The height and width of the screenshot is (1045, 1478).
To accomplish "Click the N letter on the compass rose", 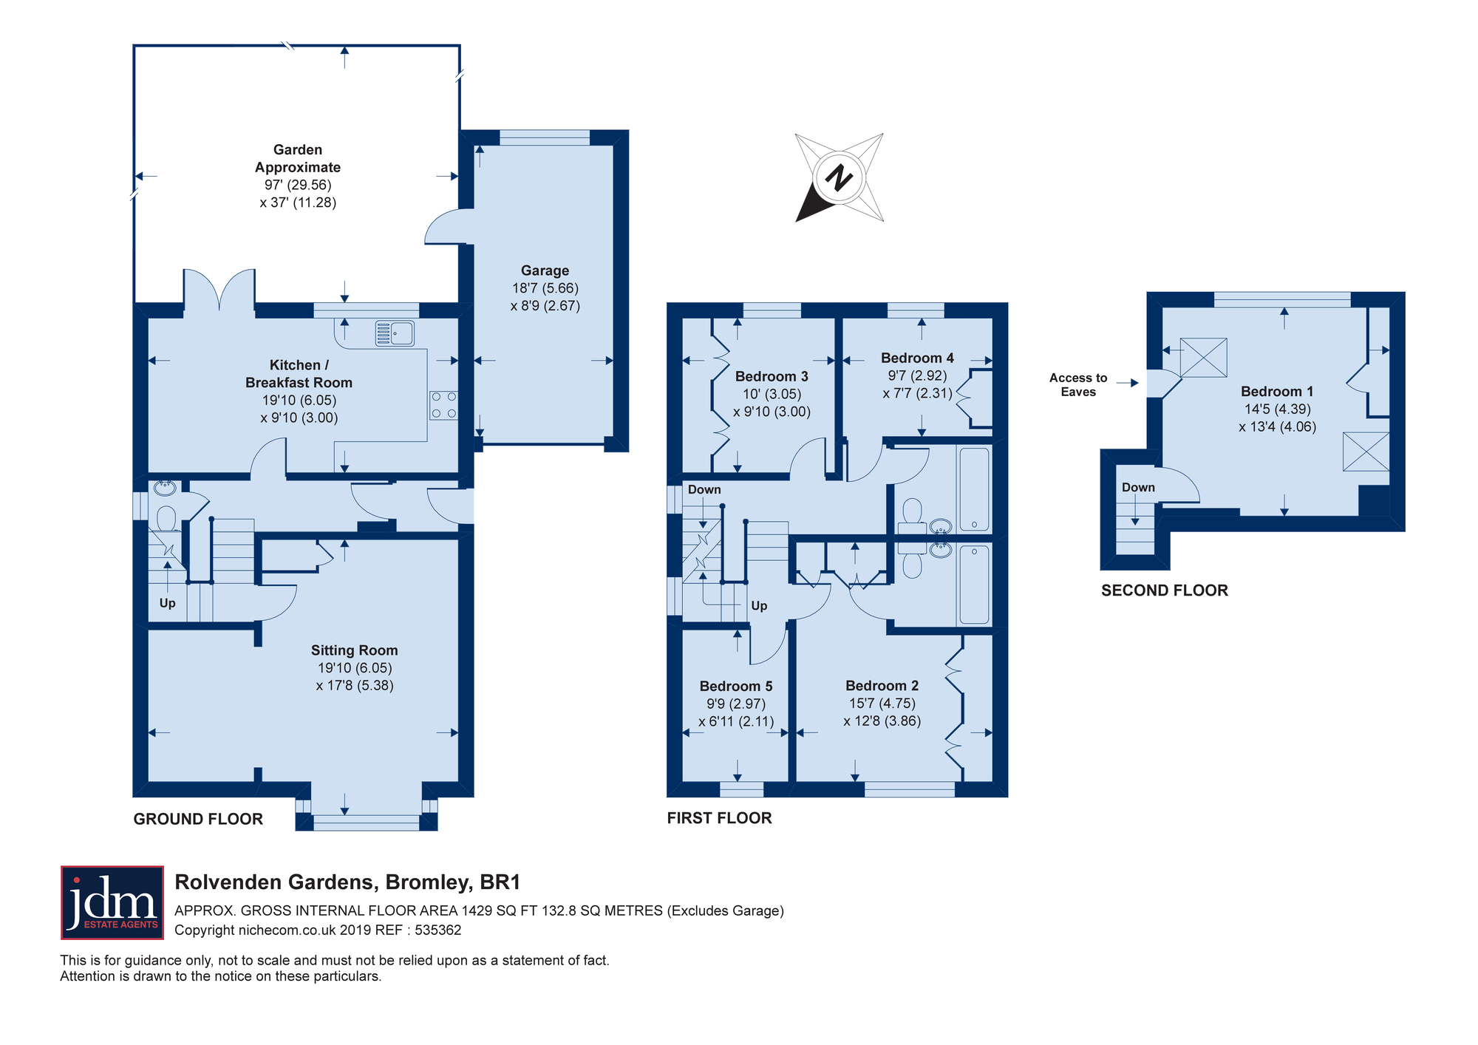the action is point(839,177).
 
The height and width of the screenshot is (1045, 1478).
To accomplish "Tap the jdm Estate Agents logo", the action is point(112,902).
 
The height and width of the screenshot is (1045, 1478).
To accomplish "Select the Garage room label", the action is point(545,270).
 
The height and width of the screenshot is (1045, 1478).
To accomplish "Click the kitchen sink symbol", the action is point(395,333).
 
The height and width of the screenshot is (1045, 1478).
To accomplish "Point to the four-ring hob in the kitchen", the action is point(444,405).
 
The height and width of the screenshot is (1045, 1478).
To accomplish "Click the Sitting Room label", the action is point(354,650).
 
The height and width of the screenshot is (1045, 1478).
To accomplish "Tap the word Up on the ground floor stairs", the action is point(168,603).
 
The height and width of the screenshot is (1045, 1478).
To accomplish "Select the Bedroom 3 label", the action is point(772,376).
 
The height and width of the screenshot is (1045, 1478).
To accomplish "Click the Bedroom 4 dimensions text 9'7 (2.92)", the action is point(917,375).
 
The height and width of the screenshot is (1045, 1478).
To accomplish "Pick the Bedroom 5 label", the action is point(736,686).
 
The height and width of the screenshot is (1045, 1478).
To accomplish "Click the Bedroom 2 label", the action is point(882,686).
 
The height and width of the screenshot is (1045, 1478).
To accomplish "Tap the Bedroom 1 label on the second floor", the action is point(1277,392).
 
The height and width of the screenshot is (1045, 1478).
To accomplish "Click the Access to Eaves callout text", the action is point(1078,385).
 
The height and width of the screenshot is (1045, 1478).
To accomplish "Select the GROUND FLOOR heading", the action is point(198,819).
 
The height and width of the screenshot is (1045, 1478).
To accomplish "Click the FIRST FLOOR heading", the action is point(719,818).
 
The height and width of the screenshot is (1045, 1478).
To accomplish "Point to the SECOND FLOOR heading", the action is point(1165,590).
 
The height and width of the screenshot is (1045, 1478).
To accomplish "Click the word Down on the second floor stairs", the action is point(1138,488).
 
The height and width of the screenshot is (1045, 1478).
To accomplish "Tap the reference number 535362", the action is point(438,930).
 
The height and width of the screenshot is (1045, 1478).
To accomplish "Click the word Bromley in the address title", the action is point(428,882).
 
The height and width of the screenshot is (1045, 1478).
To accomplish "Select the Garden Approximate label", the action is point(298,158).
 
